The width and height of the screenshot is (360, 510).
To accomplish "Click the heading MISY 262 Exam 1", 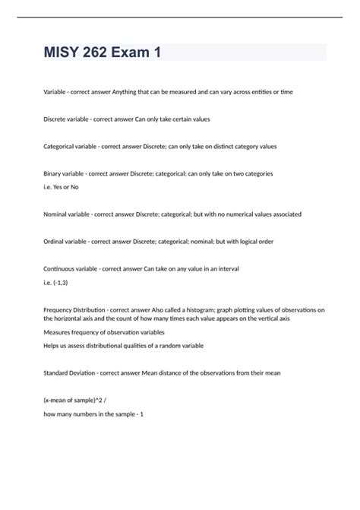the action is (103, 52).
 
